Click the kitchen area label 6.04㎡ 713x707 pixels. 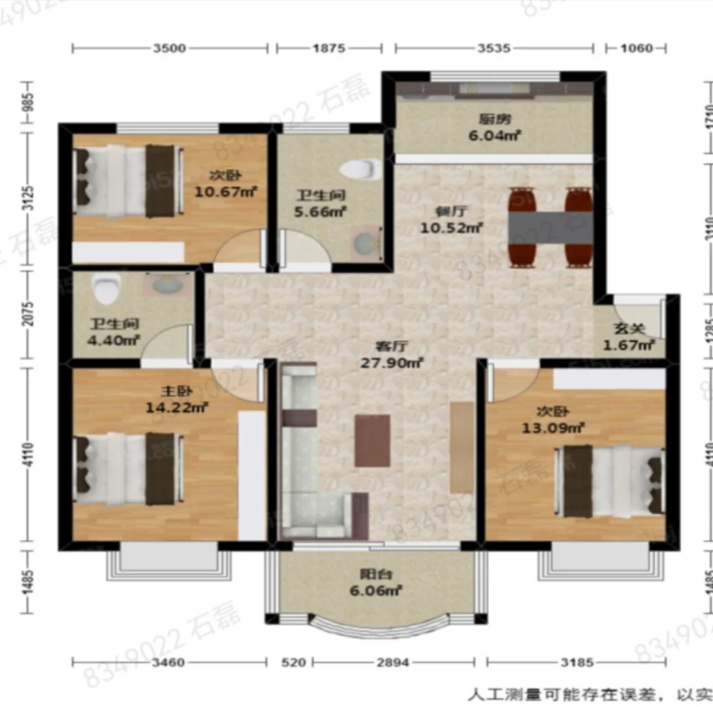click(494, 136)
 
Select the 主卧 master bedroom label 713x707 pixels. click(176, 391)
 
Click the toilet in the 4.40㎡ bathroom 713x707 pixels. click(106, 288)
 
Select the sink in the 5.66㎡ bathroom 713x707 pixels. click(365, 243)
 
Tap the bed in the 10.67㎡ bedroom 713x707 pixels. click(128, 181)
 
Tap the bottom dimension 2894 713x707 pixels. click(393, 662)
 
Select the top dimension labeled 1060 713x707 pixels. click(636, 48)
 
